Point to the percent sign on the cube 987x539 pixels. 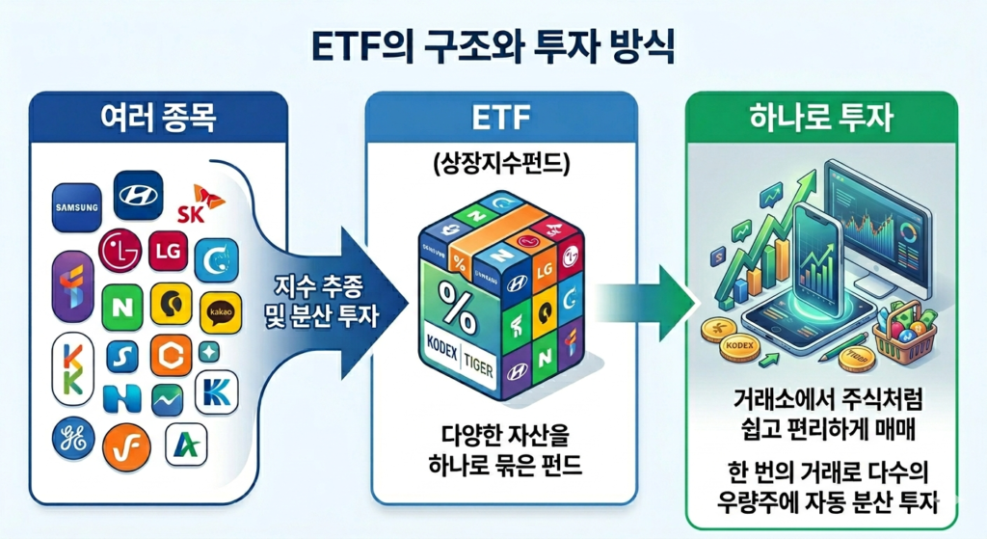(452, 294)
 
